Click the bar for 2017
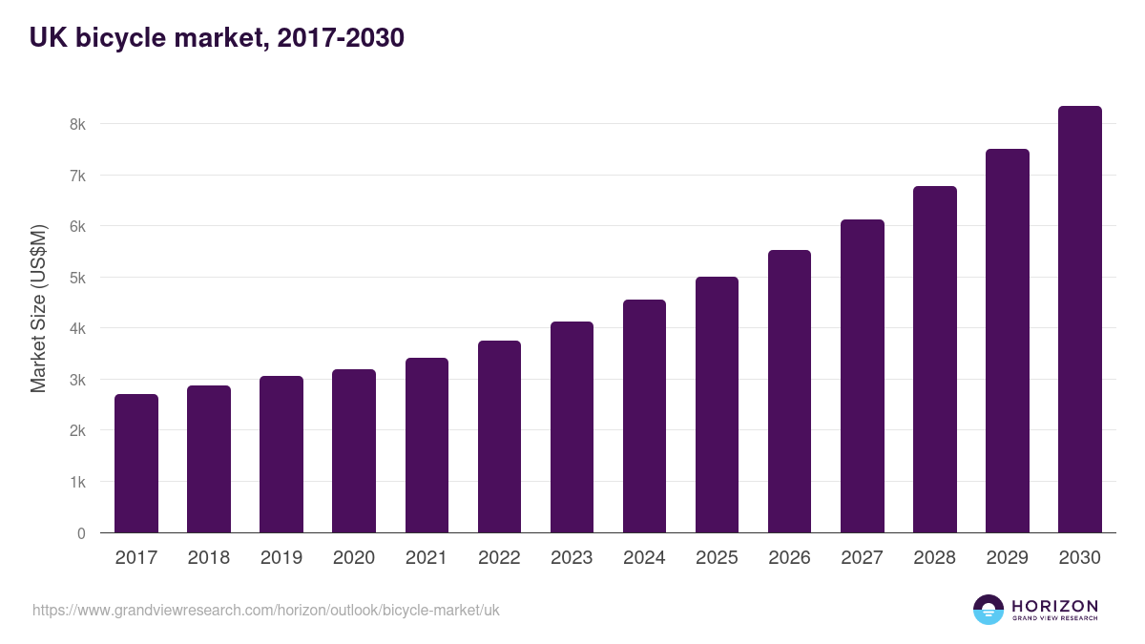pos(136,464)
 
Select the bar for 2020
pos(354,451)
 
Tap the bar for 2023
pos(572,427)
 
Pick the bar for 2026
pos(789,391)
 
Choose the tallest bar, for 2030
pos(1079,320)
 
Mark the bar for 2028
pos(934,360)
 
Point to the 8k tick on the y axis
pos(77,124)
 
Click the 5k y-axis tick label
pos(77,278)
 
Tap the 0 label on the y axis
pos(81,533)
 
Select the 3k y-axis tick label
pos(77,380)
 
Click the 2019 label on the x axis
pos(281,558)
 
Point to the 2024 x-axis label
pos(644,558)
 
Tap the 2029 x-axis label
pos(1007,558)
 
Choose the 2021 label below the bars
pos(427,558)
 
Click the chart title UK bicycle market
pos(217,38)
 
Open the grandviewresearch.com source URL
pos(265,610)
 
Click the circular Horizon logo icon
pos(989,610)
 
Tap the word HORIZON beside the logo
pos(1054,606)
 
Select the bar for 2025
pos(717,405)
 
